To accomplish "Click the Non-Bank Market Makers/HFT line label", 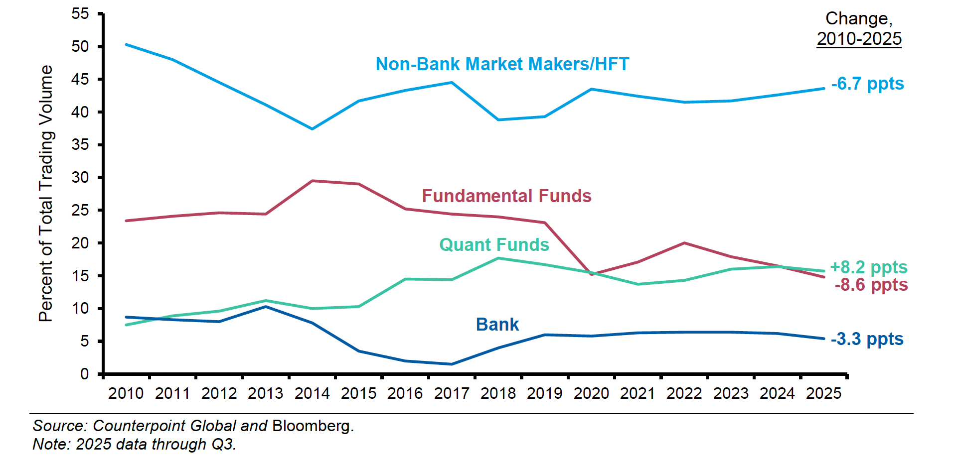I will tap(502, 64).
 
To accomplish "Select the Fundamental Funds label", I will tap(506, 196).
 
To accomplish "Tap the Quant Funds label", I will tap(494, 245).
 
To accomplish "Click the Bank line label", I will tap(497, 325).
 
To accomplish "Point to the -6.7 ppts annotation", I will tap(867, 84).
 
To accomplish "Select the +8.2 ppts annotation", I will tap(868, 267).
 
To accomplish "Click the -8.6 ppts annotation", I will tap(871, 285).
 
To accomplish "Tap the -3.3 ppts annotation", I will tap(867, 339).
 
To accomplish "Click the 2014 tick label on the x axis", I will tap(312, 393).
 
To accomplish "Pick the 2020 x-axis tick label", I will tap(591, 393).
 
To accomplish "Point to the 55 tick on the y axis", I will tap(80, 14).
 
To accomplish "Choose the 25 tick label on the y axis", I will tap(80, 210).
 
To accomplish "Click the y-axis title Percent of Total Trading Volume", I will tap(46, 193).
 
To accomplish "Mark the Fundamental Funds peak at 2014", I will tap(312, 181).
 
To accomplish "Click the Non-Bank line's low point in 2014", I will tap(312, 129).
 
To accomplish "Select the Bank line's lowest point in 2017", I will tap(452, 364).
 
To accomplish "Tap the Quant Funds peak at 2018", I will tap(498, 258).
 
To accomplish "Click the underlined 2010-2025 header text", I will tap(859, 39).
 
